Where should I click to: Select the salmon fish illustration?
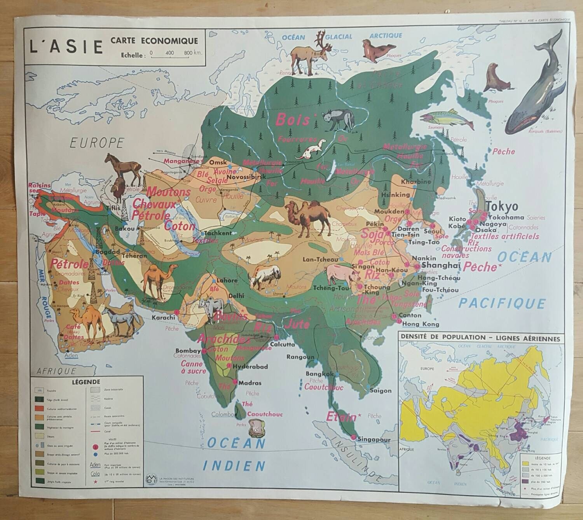447,118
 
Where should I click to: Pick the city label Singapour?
374,439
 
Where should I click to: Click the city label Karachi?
163,317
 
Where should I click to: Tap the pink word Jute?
298,324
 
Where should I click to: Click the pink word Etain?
341,417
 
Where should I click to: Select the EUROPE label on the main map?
97,143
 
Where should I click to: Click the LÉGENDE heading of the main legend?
86,382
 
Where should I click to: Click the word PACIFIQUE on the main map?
502,303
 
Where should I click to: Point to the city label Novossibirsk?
236,177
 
